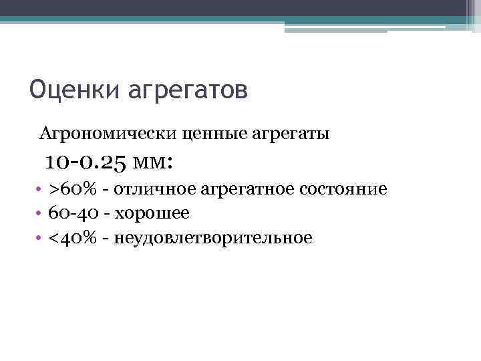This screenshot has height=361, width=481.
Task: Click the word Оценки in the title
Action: [x=71, y=89]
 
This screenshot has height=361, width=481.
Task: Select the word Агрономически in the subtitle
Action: [x=108, y=134]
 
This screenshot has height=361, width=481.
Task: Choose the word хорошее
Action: [x=152, y=213]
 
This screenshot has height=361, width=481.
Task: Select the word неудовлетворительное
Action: [x=213, y=237]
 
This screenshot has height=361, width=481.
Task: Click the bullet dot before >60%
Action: [x=40, y=190]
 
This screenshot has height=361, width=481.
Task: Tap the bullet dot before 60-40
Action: [x=40, y=214]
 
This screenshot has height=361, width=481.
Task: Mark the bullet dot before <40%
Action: [x=40, y=238]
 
